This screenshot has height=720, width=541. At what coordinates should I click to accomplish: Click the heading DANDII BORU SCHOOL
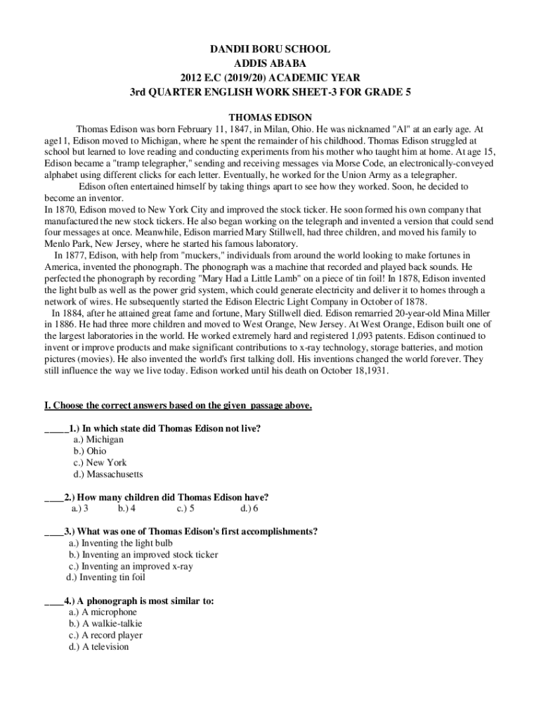[x=270, y=50]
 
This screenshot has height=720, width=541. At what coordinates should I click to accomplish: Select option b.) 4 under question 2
[x=126, y=508]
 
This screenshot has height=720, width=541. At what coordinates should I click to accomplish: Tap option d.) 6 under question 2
[x=249, y=508]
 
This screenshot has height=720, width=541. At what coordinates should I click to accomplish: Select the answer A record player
[x=105, y=635]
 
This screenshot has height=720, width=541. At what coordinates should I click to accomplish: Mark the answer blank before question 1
[x=56, y=428]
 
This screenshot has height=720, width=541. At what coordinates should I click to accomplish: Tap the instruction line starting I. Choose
[x=178, y=406]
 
